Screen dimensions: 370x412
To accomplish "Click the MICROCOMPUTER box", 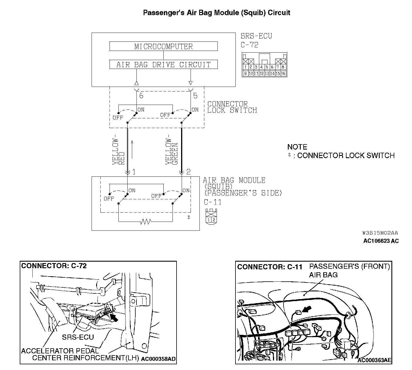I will (163, 46).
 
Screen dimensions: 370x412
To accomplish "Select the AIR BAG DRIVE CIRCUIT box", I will (163, 64).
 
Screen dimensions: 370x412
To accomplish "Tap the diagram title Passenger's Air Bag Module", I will (217, 13).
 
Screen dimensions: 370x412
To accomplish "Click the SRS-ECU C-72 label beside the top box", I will (256, 40).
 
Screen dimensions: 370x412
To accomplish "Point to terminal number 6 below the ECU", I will (141, 96).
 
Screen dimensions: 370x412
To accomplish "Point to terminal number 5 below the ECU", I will (195, 96).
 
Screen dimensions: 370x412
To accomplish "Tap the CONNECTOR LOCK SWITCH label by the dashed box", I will (232, 107).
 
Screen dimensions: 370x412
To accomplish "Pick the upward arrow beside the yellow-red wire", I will (132, 149).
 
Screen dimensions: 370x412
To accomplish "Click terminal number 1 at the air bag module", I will (134, 172).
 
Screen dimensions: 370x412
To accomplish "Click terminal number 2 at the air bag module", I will (188, 172).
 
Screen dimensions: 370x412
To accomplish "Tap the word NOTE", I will (297, 147).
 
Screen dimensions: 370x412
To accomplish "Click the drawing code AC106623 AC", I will (381, 241).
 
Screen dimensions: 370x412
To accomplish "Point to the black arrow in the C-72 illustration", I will (114, 317).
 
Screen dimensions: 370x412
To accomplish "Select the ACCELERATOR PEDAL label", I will (60, 351).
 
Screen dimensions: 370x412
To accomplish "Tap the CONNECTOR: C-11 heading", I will (270, 267).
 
